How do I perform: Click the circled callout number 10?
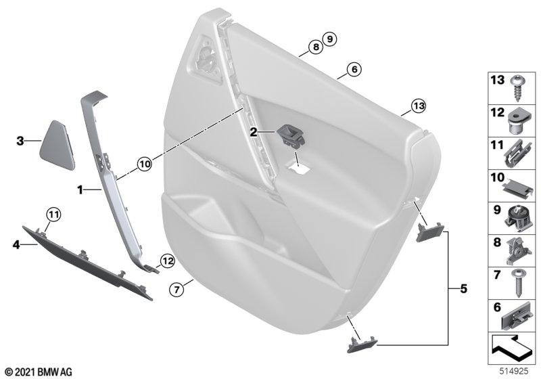point(145,164)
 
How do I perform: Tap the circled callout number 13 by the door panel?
point(419,106)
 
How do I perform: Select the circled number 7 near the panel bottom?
point(177,289)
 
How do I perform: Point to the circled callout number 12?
point(167,261)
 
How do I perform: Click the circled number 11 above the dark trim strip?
point(53,215)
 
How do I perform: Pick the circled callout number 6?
point(354,70)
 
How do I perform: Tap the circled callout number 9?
point(329,39)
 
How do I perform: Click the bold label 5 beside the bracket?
point(463,288)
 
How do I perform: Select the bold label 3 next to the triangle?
point(20,141)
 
